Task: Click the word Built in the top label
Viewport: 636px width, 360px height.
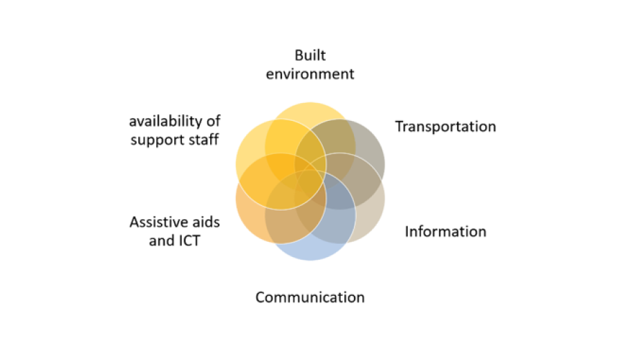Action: pos(310,55)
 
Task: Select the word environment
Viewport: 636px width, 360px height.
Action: pos(310,74)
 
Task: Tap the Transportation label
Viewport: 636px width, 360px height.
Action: pos(445,126)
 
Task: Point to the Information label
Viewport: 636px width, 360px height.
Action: pos(445,231)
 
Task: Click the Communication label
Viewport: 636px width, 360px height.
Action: pos(310,297)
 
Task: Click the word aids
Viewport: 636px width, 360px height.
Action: pos(205,222)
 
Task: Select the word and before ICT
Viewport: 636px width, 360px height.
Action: pos(162,241)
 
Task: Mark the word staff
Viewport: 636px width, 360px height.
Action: pos(205,140)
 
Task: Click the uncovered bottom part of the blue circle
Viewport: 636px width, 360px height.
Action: pos(310,252)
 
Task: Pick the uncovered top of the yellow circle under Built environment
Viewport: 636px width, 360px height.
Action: pos(310,111)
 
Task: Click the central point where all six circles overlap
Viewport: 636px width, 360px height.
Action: pos(310,181)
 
